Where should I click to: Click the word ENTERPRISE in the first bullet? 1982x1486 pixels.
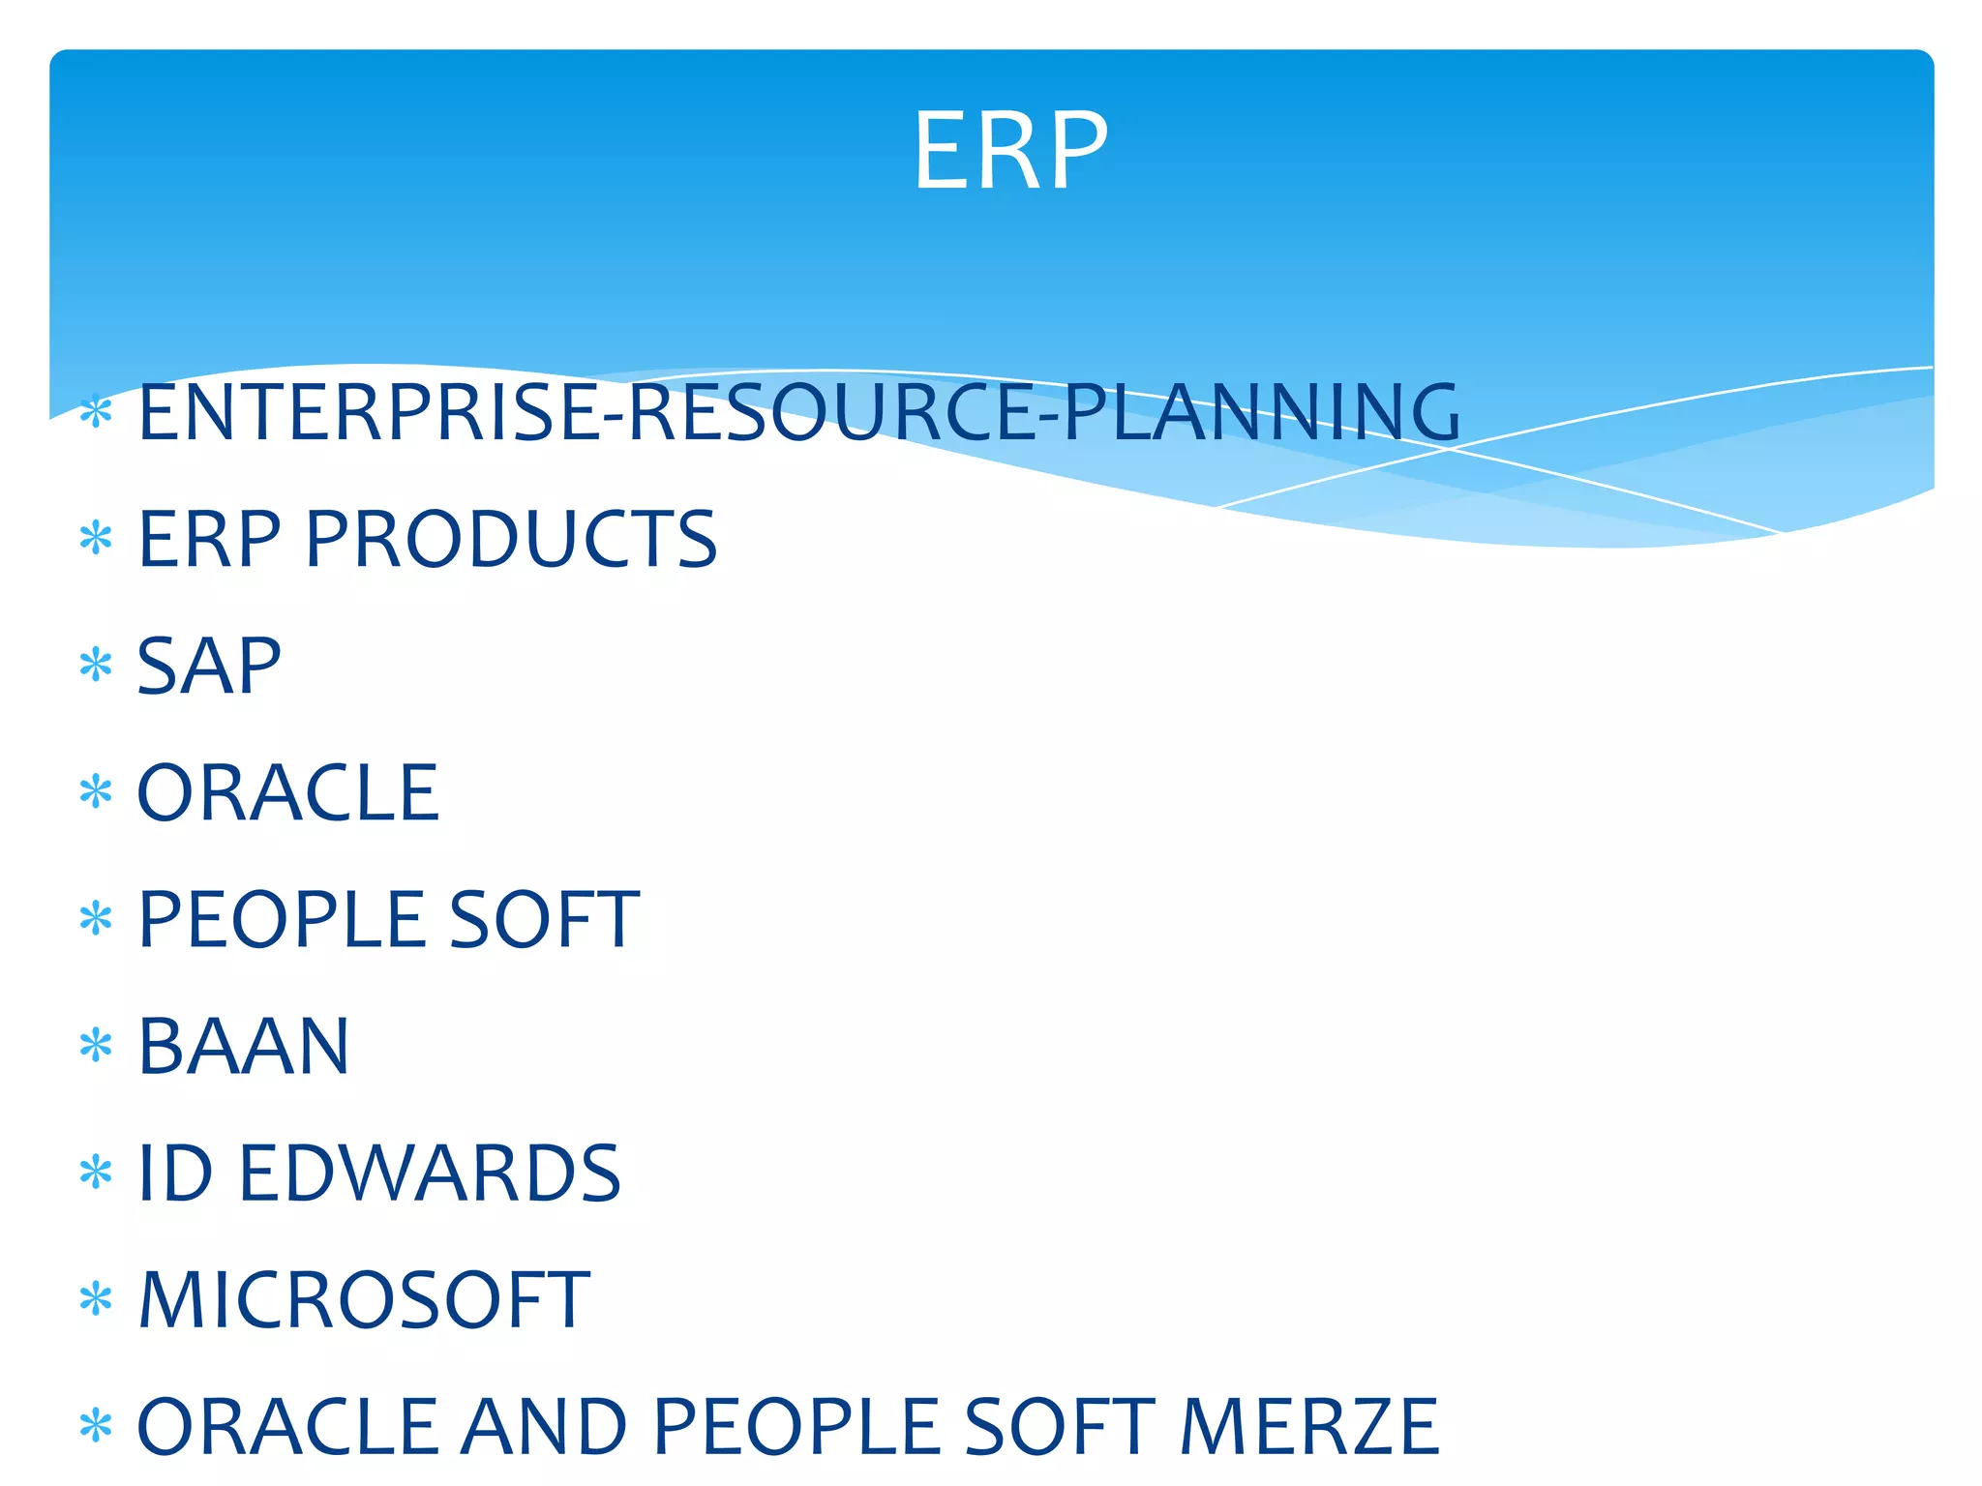pyautogui.click(x=368, y=413)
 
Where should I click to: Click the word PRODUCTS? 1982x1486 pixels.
pyautogui.click(x=510, y=540)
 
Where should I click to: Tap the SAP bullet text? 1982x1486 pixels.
pyautogui.click(x=209, y=667)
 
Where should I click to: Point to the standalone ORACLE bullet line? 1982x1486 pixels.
pyautogui.click(x=287, y=793)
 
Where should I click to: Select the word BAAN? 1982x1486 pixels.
pyautogui.click(x=243, y=1047)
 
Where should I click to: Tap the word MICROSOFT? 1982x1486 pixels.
pyautogui.click(x=364, y=1300)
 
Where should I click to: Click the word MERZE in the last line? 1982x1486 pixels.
pyautogui.click(x=1308, y=1427)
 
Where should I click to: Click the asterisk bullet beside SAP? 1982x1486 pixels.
pyautogui.click(x=96, y=667)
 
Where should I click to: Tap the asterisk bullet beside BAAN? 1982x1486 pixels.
pyautogui.click(x=96, y=1047)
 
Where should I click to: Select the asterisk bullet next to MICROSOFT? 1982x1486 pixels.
pyautogui.click(x=96, y=1300)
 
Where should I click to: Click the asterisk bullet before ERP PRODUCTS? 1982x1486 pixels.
pyautogui.click(x=96, y=538)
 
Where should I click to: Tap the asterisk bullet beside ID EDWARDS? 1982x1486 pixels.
pyautogui.click(x=96, y=1174)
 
